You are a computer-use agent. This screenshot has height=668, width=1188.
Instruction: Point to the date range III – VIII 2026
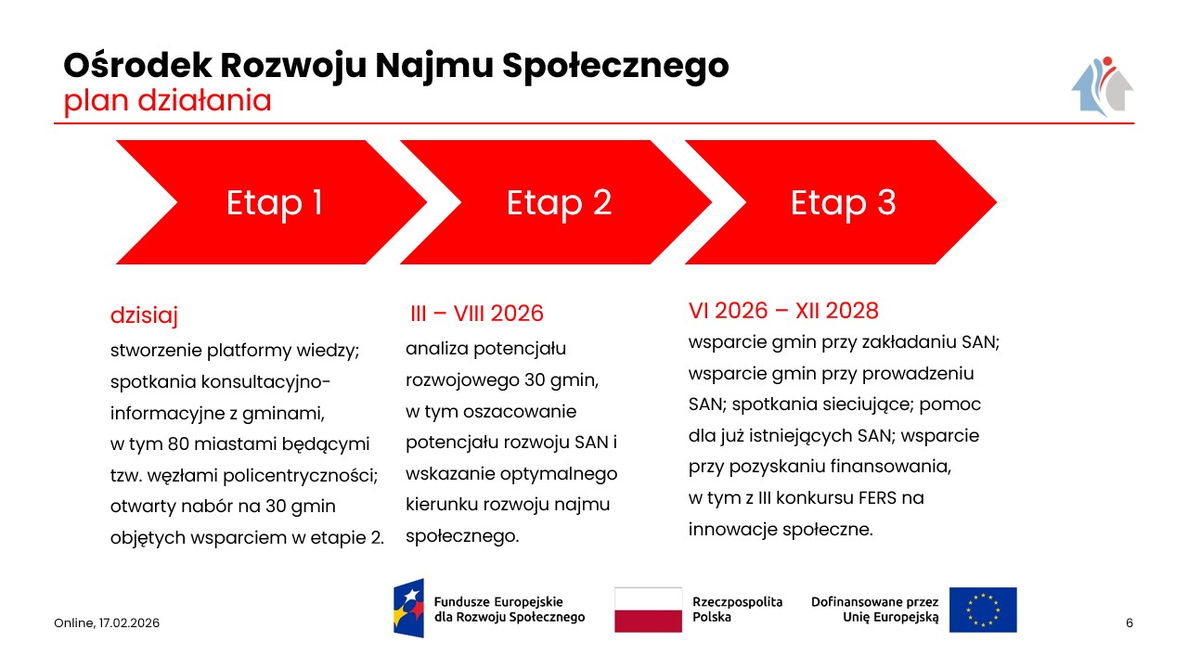coord(477,314)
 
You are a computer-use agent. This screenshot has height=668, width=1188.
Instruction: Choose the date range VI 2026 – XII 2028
coord(783,311)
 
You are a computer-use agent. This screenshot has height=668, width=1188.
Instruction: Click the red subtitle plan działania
coord(168,101)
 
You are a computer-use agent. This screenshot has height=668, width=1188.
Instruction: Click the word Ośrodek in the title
coord(137,65)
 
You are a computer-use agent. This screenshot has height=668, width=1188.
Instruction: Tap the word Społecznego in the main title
coord(615,66)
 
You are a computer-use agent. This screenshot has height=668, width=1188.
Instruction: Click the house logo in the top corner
coord(1102,86)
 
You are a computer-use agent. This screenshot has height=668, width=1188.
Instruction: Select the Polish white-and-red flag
coord(648,610)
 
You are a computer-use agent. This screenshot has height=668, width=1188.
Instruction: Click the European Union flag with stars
coord(983,610)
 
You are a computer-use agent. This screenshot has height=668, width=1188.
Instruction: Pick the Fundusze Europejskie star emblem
coord(409,608)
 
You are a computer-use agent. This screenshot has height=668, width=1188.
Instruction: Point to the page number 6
coord(1130,623)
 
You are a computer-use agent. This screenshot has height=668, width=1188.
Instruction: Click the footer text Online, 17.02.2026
coord(107,623)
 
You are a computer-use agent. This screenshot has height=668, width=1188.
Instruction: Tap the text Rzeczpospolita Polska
coord(737,610)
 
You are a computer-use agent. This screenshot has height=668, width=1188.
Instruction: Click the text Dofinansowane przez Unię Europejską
coord(874,610)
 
